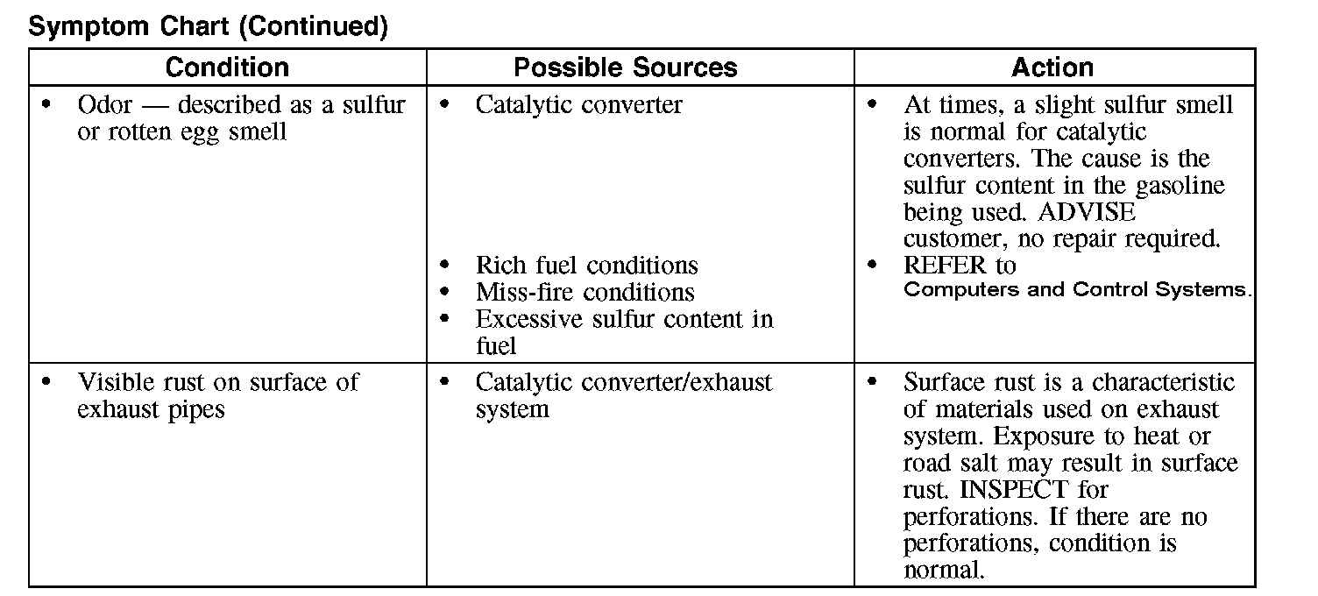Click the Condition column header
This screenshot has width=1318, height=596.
tap(227, 67)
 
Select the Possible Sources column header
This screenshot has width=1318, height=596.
tap(626, 67)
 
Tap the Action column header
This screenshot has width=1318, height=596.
tap(1052, 67)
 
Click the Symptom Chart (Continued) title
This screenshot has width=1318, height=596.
tap(209, 26)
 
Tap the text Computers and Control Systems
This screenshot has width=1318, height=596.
tap(1077, 290)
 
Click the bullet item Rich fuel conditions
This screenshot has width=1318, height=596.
tap(587, 265)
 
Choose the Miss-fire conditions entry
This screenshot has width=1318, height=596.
tap(585, 292)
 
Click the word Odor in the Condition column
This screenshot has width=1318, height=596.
tap(104, 105)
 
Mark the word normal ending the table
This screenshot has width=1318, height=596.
tap(942, 570)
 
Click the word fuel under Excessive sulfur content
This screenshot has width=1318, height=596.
tap(496, 345)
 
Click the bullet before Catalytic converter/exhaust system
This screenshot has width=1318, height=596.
tap(444, 382)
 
